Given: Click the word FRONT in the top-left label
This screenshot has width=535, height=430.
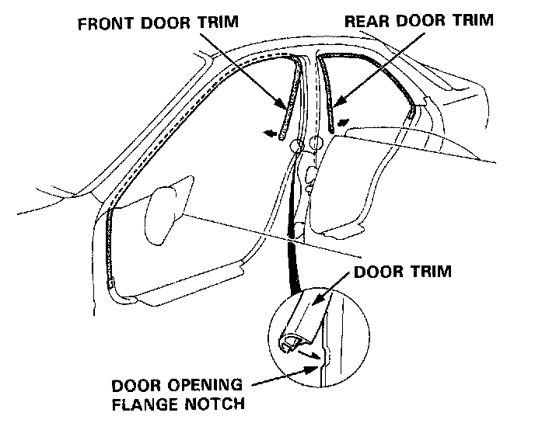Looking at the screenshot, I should pyautogui.click(x=104, y=23).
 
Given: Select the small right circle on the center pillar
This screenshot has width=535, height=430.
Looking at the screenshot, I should pyautogui.click(x=316, y=143).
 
